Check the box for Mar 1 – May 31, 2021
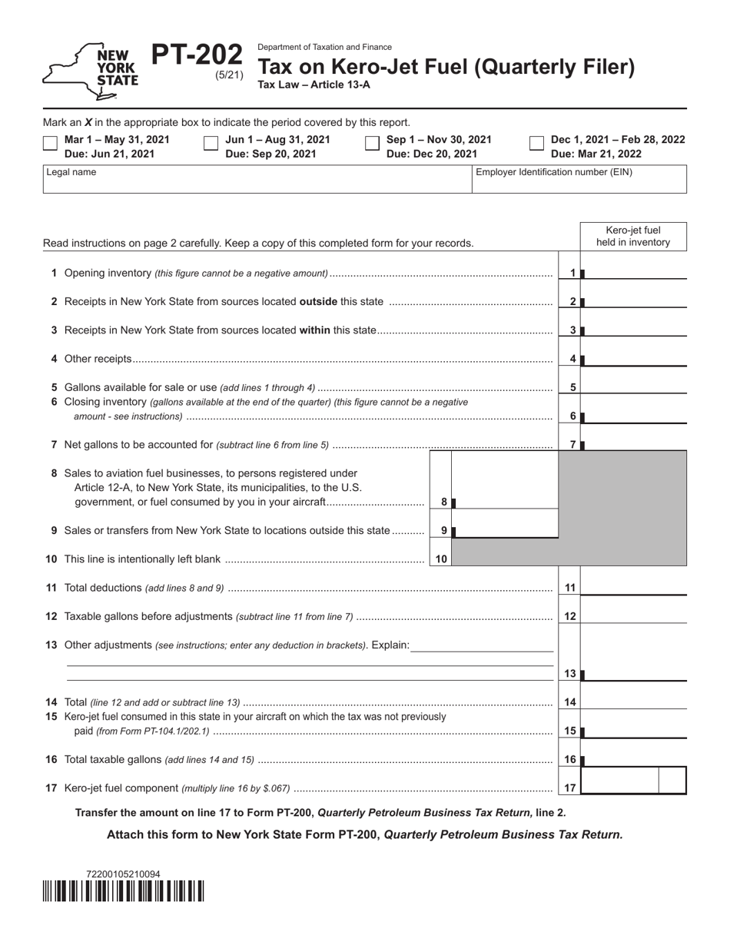click(x=50, y=143)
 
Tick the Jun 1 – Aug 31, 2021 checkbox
click(x=211, y=143)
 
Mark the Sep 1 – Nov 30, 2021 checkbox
click(x=372, y=143)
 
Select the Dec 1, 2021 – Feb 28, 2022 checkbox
click(x=537, y=143)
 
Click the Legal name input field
click(x=257, y=183)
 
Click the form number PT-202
click(x=197, y=56)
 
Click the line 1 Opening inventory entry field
click(x=634, y=272)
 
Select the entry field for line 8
click(x=506, y=501)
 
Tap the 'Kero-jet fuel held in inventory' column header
click(x=633, y=237)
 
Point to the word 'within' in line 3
click(x=314, y=330)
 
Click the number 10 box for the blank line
click(x=441, y=559)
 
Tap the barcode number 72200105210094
click(x=123, y=874)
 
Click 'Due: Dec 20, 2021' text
click(x=431, y=154)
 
